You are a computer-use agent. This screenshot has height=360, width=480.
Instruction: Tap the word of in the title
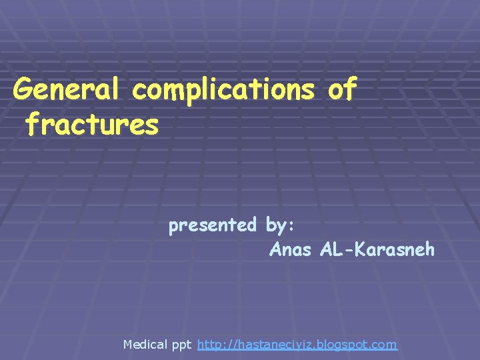(343, 89)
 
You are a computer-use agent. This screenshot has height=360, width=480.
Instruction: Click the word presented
(213, 226)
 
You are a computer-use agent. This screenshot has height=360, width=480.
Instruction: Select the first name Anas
(291, 250)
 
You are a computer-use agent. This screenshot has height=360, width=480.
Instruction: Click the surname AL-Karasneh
(377, 250)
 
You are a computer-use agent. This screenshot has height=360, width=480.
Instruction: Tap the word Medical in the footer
(146, 345)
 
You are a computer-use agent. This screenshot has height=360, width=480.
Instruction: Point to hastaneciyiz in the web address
(269, 345)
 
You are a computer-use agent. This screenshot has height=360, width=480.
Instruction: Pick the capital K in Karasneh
(361, 250)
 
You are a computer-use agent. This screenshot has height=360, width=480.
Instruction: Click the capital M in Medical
(129, 345)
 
